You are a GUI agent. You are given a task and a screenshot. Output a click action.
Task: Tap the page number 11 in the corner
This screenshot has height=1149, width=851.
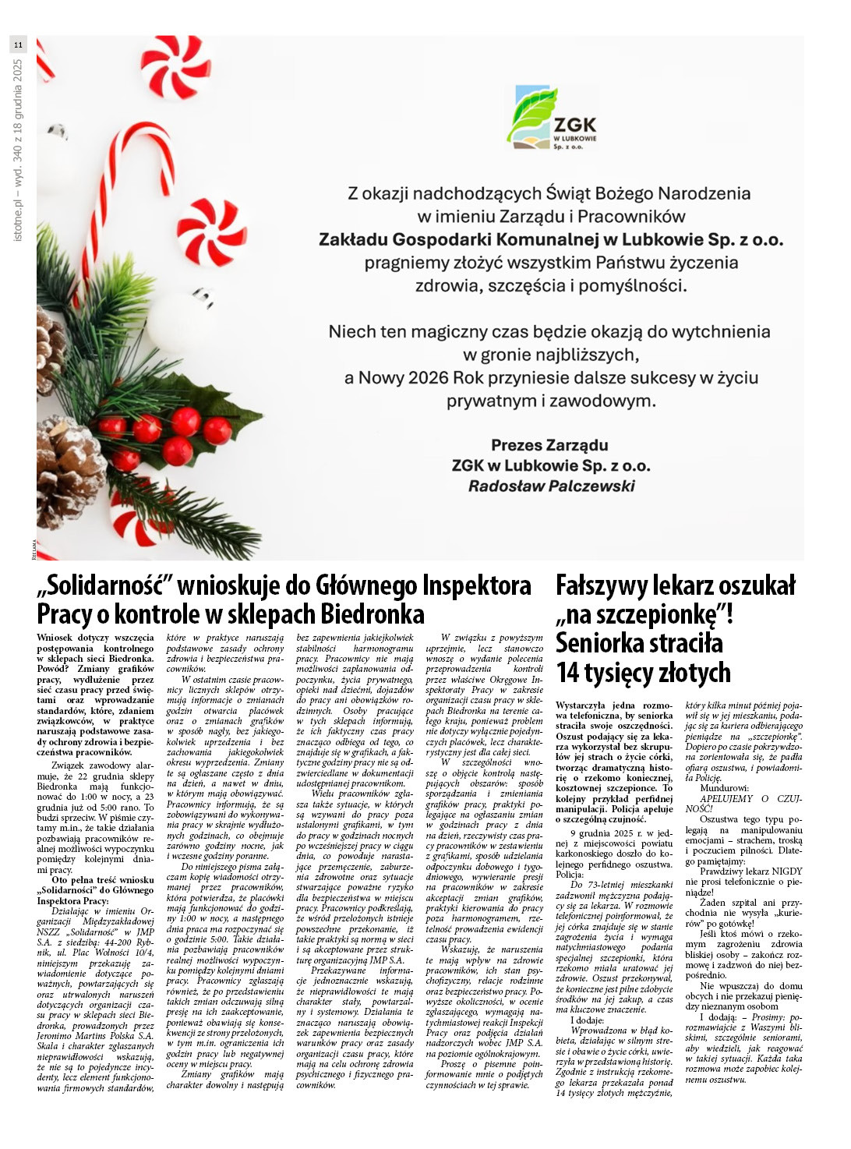tap(18, 45)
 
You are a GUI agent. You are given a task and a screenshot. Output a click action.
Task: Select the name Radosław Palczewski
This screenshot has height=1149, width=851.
tap(551, 486)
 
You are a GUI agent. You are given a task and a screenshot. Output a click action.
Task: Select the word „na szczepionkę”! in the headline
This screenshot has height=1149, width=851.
tap(644, 614)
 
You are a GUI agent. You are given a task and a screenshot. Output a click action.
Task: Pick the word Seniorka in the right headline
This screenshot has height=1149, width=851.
tap(601, 644)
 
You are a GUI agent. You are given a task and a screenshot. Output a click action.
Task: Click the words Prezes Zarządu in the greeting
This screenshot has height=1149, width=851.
tap(549, 445)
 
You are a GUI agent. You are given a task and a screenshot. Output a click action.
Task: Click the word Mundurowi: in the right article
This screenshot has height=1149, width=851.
tap(724, 788)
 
